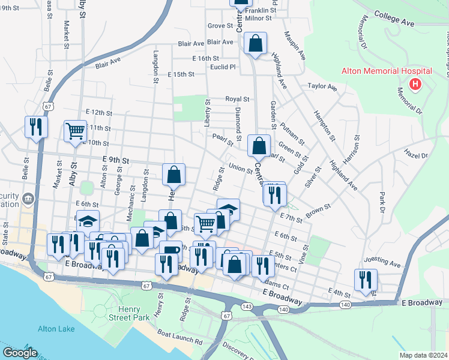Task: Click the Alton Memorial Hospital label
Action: (x=379, y=71)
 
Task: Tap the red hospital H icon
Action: (x=414, y=85)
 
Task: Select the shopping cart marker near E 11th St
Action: (x=76, y=130)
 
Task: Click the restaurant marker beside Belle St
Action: (x=36, y=126)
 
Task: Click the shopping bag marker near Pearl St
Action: (x=259, y=145)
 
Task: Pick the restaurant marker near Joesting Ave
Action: (x=366, y=279)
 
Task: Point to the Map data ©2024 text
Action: (x=423, y=355)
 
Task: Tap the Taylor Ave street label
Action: (x=322, y=87)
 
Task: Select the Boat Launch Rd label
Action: (x=179, y=335)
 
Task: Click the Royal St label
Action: (x=237, y=99)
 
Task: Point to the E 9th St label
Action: (x=116, y=160)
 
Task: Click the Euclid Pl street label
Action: (x=223, y=67)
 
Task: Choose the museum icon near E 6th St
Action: (x=28, y=199)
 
